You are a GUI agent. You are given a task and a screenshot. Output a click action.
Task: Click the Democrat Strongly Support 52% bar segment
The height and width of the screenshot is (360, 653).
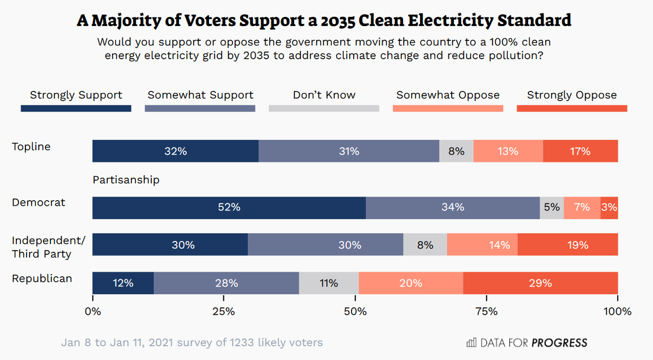tap(229, 207)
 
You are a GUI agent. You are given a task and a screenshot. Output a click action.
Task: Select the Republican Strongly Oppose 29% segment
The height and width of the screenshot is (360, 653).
tap(540, 283)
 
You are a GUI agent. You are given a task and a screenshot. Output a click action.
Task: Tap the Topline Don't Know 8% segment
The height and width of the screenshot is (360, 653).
tap(456, 151)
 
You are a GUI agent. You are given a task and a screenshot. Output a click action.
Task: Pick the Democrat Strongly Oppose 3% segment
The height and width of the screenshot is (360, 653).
tap(609, 207)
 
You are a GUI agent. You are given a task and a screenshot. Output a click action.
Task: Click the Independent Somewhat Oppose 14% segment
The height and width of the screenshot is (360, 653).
tap(482, 245)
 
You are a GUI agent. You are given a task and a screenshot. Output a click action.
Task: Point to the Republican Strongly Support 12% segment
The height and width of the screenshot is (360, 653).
tap(123, 283)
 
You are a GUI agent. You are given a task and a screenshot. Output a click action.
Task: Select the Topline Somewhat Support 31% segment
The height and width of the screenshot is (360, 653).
tap(349, 151)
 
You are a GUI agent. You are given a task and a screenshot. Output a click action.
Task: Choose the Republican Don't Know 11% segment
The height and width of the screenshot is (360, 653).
tap(329, 283)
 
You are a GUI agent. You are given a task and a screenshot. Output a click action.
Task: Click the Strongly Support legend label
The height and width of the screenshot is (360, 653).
tap(76, 95)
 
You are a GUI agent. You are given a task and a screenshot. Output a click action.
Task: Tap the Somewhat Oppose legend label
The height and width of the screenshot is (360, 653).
tap(448, 95)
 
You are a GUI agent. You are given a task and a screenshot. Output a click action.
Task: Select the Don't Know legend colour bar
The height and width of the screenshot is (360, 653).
tap(324, 108)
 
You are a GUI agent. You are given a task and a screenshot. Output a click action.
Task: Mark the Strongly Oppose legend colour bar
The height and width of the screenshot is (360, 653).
tap(572, 108)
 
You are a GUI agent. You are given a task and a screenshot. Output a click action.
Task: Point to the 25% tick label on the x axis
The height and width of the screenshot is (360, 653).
tap(224, 312)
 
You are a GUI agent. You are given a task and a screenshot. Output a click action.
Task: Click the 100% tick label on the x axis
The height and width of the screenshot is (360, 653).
tap(618, 312)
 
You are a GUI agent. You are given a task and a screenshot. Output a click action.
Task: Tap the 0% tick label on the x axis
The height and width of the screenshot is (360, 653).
tap(93, 312)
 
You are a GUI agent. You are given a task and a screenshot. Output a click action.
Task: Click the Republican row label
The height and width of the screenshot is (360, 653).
tap(42, 278)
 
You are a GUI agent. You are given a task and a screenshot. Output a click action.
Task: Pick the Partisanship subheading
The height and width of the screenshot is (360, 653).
tap(126, 179)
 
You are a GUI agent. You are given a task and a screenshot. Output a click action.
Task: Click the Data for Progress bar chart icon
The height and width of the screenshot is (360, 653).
tap(471, 343)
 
